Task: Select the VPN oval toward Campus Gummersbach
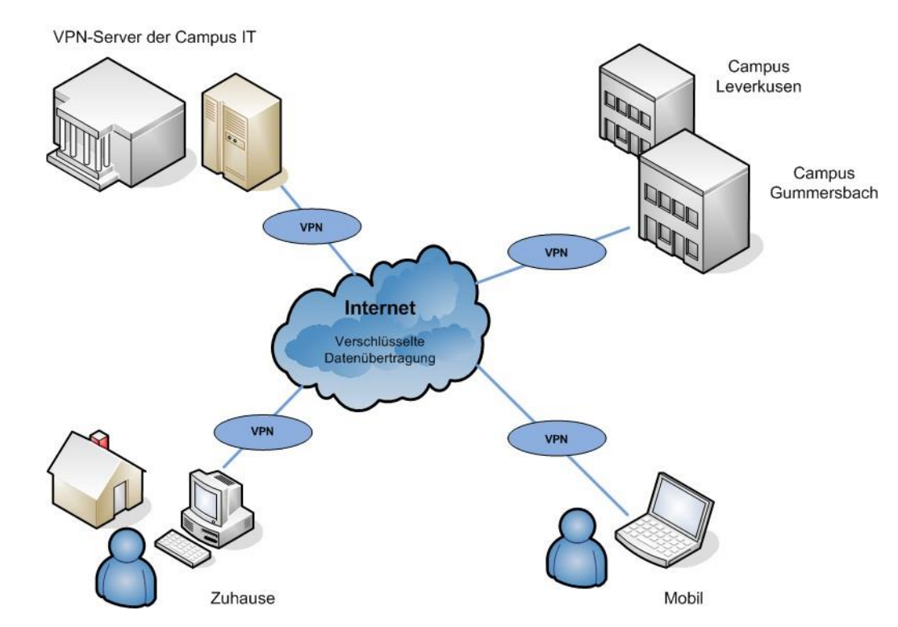click(557, 253)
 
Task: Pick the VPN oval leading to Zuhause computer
click(261, 431)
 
